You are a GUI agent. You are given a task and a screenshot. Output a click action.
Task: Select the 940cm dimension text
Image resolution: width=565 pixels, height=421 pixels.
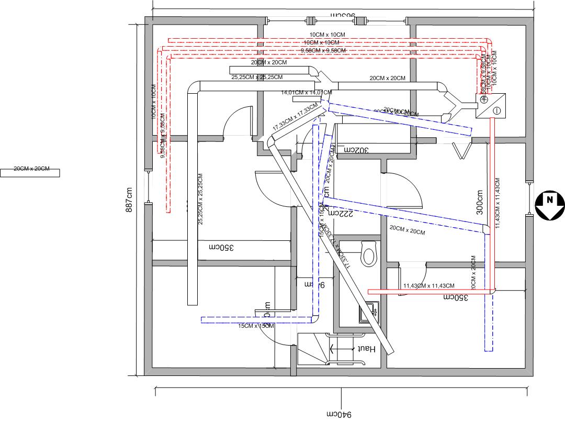(341, 414)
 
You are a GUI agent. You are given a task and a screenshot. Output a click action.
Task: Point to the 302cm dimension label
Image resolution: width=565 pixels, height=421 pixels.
(356, 149)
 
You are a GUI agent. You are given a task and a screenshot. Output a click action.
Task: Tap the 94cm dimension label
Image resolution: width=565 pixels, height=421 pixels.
(315, 284)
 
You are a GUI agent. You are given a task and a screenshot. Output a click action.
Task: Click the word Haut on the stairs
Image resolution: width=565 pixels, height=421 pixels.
(364, 348)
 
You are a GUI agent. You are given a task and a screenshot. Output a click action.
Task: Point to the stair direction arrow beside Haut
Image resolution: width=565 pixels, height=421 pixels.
(340, 348)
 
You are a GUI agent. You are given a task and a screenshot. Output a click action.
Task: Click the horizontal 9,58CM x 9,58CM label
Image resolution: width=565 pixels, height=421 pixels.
(323, 50)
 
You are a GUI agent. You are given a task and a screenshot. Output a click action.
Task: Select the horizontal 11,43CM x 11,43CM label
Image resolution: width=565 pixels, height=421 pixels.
(429, 285)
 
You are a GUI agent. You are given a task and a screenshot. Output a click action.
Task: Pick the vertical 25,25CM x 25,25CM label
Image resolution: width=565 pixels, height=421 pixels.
(200, 199)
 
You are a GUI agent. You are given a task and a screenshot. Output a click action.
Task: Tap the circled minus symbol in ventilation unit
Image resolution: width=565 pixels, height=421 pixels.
(496, 110)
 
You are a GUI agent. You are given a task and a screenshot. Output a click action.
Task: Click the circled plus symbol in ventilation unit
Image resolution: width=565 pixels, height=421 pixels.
(484, 99)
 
